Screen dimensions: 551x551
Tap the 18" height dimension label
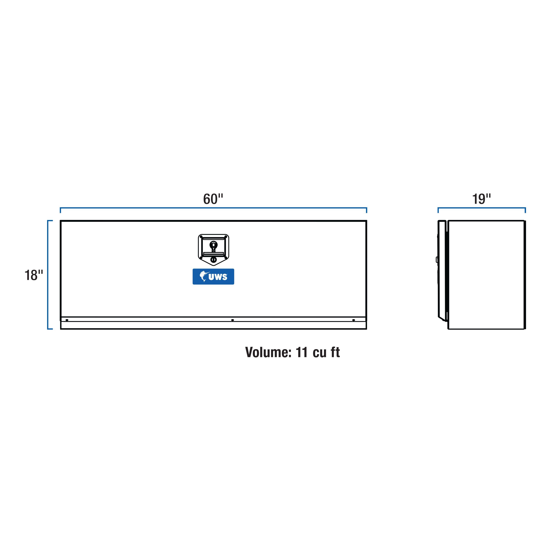coord(34,275)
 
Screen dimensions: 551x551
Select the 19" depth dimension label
coord(481,199)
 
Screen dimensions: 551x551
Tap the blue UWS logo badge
coord(213,276)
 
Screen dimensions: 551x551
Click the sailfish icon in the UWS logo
coord(204,276)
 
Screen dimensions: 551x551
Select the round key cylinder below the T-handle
coord(213,260)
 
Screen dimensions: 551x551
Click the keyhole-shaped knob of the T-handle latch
coord(213,245)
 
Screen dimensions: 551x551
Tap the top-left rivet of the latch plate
coord(201,237)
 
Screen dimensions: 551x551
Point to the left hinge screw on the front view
coord(67,320)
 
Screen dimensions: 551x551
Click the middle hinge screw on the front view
coord(232,320)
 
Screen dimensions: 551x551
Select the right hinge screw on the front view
coord(354,320)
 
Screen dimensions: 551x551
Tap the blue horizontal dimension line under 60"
coord(213,208)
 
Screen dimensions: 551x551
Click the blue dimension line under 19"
coord(481,208)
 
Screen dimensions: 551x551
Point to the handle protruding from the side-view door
coord(437,260)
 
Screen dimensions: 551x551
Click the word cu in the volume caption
coord(319,353)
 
